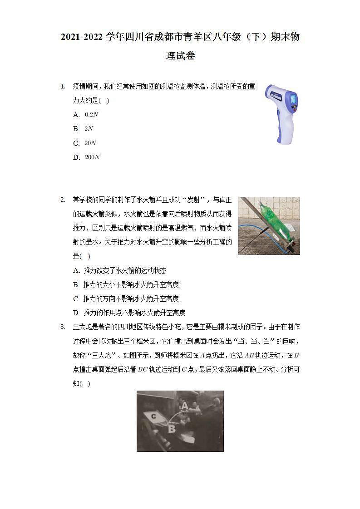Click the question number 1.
[63, 86]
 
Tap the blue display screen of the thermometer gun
[293, 98]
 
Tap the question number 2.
[63, 200]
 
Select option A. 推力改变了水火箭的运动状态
[120, 271]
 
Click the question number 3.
[63, 327]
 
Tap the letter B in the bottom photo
[172, 427]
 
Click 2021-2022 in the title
[82, 37]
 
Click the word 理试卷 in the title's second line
[180, 56]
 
